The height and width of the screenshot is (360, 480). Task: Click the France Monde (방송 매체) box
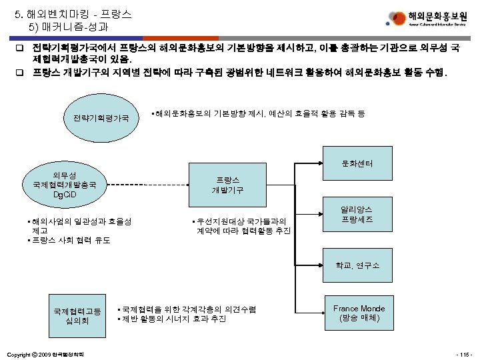(x=359, y=313)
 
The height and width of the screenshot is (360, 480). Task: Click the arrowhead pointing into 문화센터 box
(x=324, y=163)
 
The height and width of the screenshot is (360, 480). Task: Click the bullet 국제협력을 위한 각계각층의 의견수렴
(x=186, y=309)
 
